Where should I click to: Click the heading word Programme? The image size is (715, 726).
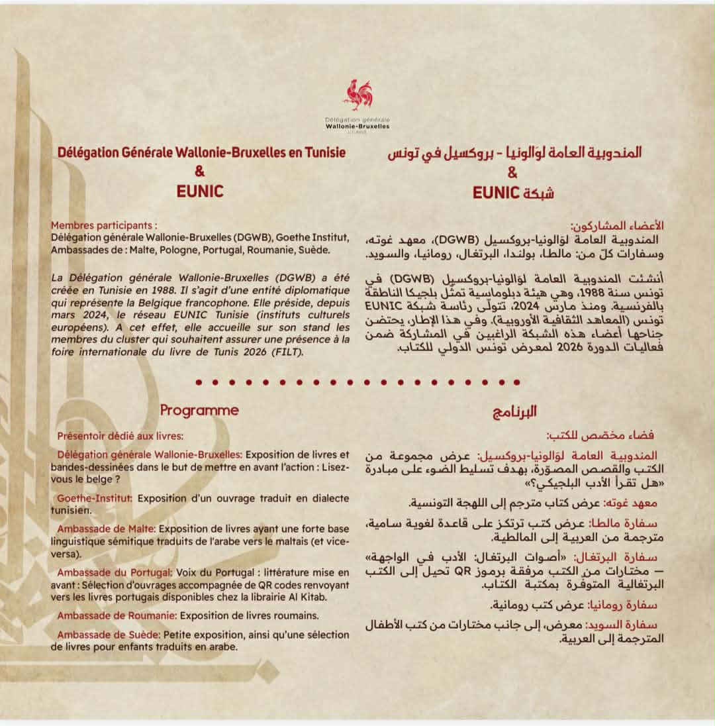point(199,411)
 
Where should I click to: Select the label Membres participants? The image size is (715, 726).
point(104,225)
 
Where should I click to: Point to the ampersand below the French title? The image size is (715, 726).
point(200,172)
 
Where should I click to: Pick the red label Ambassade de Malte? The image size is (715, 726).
point(106,529)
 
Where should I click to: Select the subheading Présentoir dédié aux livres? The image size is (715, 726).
point(120,436)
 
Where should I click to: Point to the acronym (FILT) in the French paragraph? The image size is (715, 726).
point(285,353)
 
